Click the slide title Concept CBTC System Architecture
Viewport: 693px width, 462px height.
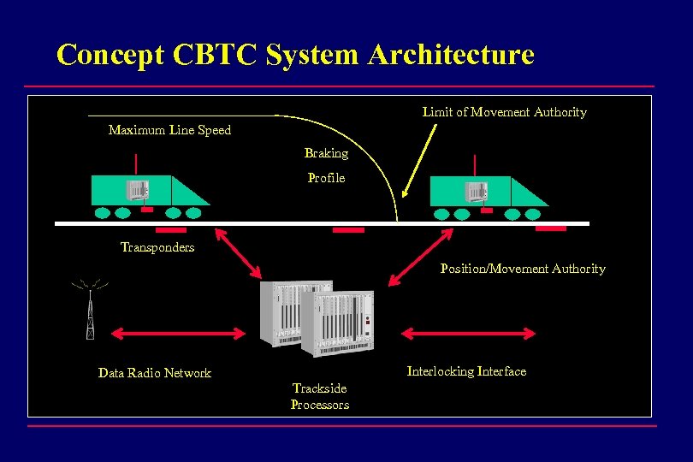point(295,55)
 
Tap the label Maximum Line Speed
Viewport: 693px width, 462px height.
point(169,130)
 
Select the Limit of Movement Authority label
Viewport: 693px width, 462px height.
point(504,112)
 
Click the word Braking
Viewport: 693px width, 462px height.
point(326,153)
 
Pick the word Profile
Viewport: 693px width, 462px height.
point(326,178)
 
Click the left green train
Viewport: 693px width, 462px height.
point(150,192)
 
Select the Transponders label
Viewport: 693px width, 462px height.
point(157,247)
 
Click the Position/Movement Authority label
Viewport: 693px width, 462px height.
point(522,269)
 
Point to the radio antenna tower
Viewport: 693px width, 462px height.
point(90,309)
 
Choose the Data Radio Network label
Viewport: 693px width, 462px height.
point(154,373)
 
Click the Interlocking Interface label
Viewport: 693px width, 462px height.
point(466,371)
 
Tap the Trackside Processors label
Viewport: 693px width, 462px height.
point(320,397)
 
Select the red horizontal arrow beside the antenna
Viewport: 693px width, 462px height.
point(181,332)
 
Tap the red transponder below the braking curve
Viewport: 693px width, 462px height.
point(348,229)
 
